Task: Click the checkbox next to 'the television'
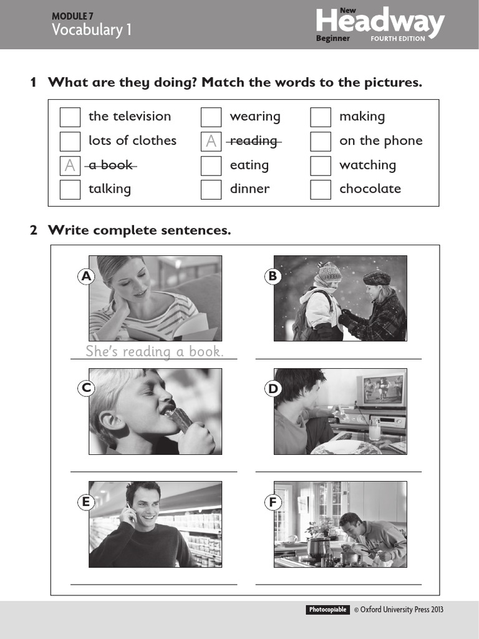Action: point(70,117)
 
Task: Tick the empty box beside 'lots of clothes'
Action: point(70,141)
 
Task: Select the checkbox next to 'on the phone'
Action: point(321,141)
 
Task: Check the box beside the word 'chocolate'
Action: point(321,189)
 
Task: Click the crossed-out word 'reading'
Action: point(253,141)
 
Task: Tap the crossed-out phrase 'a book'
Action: point(110,165)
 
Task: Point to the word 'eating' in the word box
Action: point(249,165)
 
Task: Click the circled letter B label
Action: point(273,276)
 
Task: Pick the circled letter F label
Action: point(273,502)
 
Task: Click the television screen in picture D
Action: point(382,389)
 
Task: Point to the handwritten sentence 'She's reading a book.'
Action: point(154,351)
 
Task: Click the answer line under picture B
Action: point(338,359)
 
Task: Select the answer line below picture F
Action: point(338,584)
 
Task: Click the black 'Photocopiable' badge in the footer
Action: point(327,610)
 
